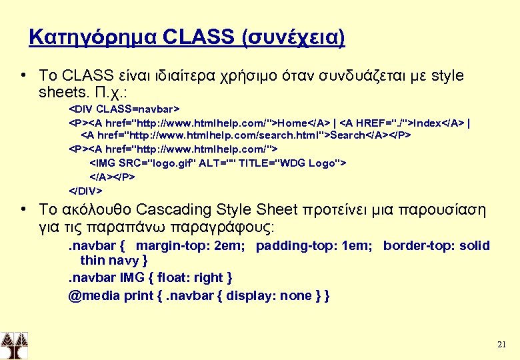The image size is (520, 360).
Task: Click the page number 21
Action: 502,345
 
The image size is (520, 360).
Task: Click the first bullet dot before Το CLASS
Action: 23,76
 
